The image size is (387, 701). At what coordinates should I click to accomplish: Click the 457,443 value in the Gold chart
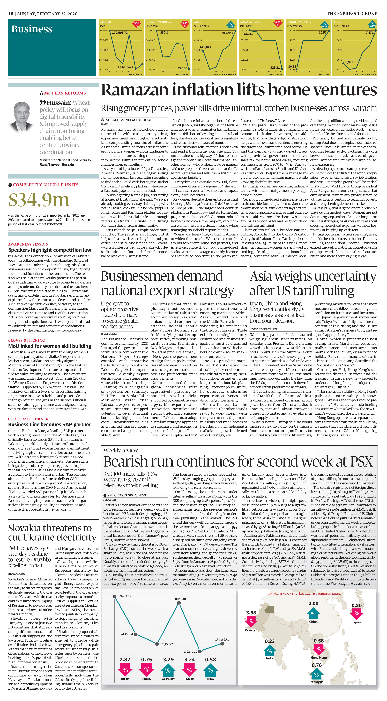[227, 33]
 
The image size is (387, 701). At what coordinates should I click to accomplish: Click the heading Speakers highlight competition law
[50, 250]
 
